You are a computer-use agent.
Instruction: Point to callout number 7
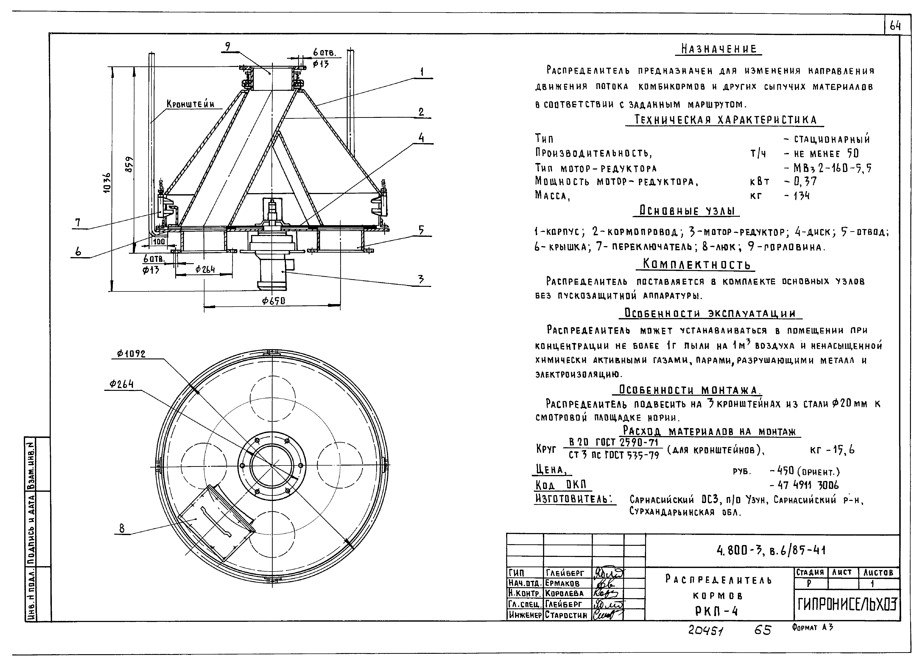tap(77, 222)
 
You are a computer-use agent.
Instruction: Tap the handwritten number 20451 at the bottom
tap(706, 631)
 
